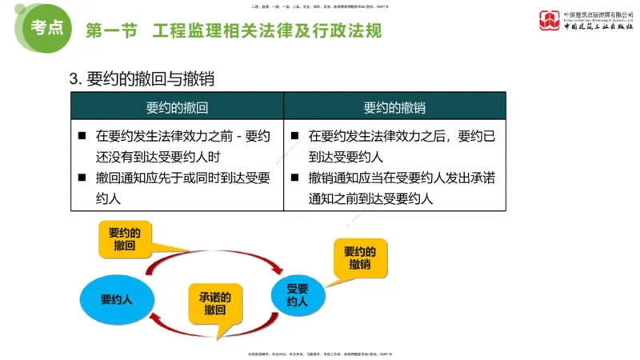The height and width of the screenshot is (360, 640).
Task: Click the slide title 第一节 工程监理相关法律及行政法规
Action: click(x=234, y=32)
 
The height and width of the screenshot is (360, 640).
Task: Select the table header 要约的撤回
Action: click(x=177, y=108)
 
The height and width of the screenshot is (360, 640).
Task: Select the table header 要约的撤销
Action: click(x=394, y=108)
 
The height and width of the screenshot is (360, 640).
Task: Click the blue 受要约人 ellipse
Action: click(x=297, y=295)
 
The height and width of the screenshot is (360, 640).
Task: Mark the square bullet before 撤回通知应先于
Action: click(x=82, y=177)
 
